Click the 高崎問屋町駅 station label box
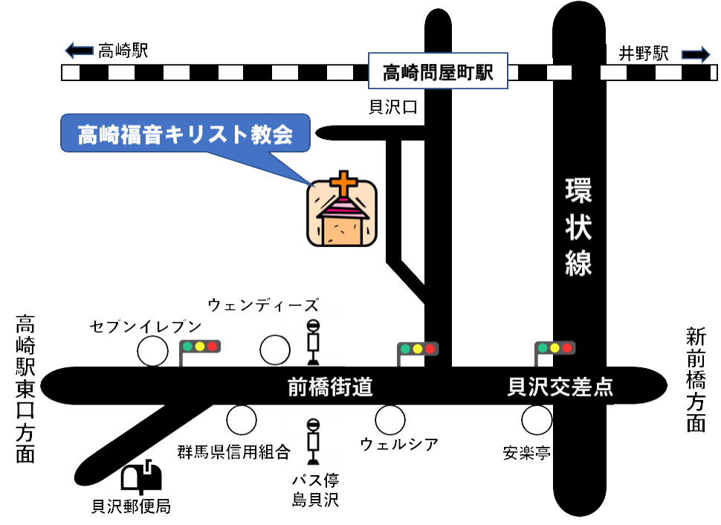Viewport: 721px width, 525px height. (439, 71)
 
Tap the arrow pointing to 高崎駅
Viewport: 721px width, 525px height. (78, 51)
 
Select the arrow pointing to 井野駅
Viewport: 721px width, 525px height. (696, 54)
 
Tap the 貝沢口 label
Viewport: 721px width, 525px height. (393, 108)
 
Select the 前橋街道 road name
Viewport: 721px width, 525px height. (330, 387)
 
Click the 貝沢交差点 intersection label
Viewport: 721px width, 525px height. (560, 387)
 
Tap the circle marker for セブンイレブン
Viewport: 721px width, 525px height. (153, 351)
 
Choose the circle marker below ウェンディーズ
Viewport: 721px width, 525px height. (275, 350)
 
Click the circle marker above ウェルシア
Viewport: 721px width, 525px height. (389, 420)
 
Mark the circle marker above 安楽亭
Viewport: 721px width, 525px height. (537, 420)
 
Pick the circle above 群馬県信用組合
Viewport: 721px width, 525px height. (242, 420)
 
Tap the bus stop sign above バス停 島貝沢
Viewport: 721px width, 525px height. (314, 439)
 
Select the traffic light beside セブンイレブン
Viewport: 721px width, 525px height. (200, 347)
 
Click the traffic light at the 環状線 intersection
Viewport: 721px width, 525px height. (555, 347)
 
